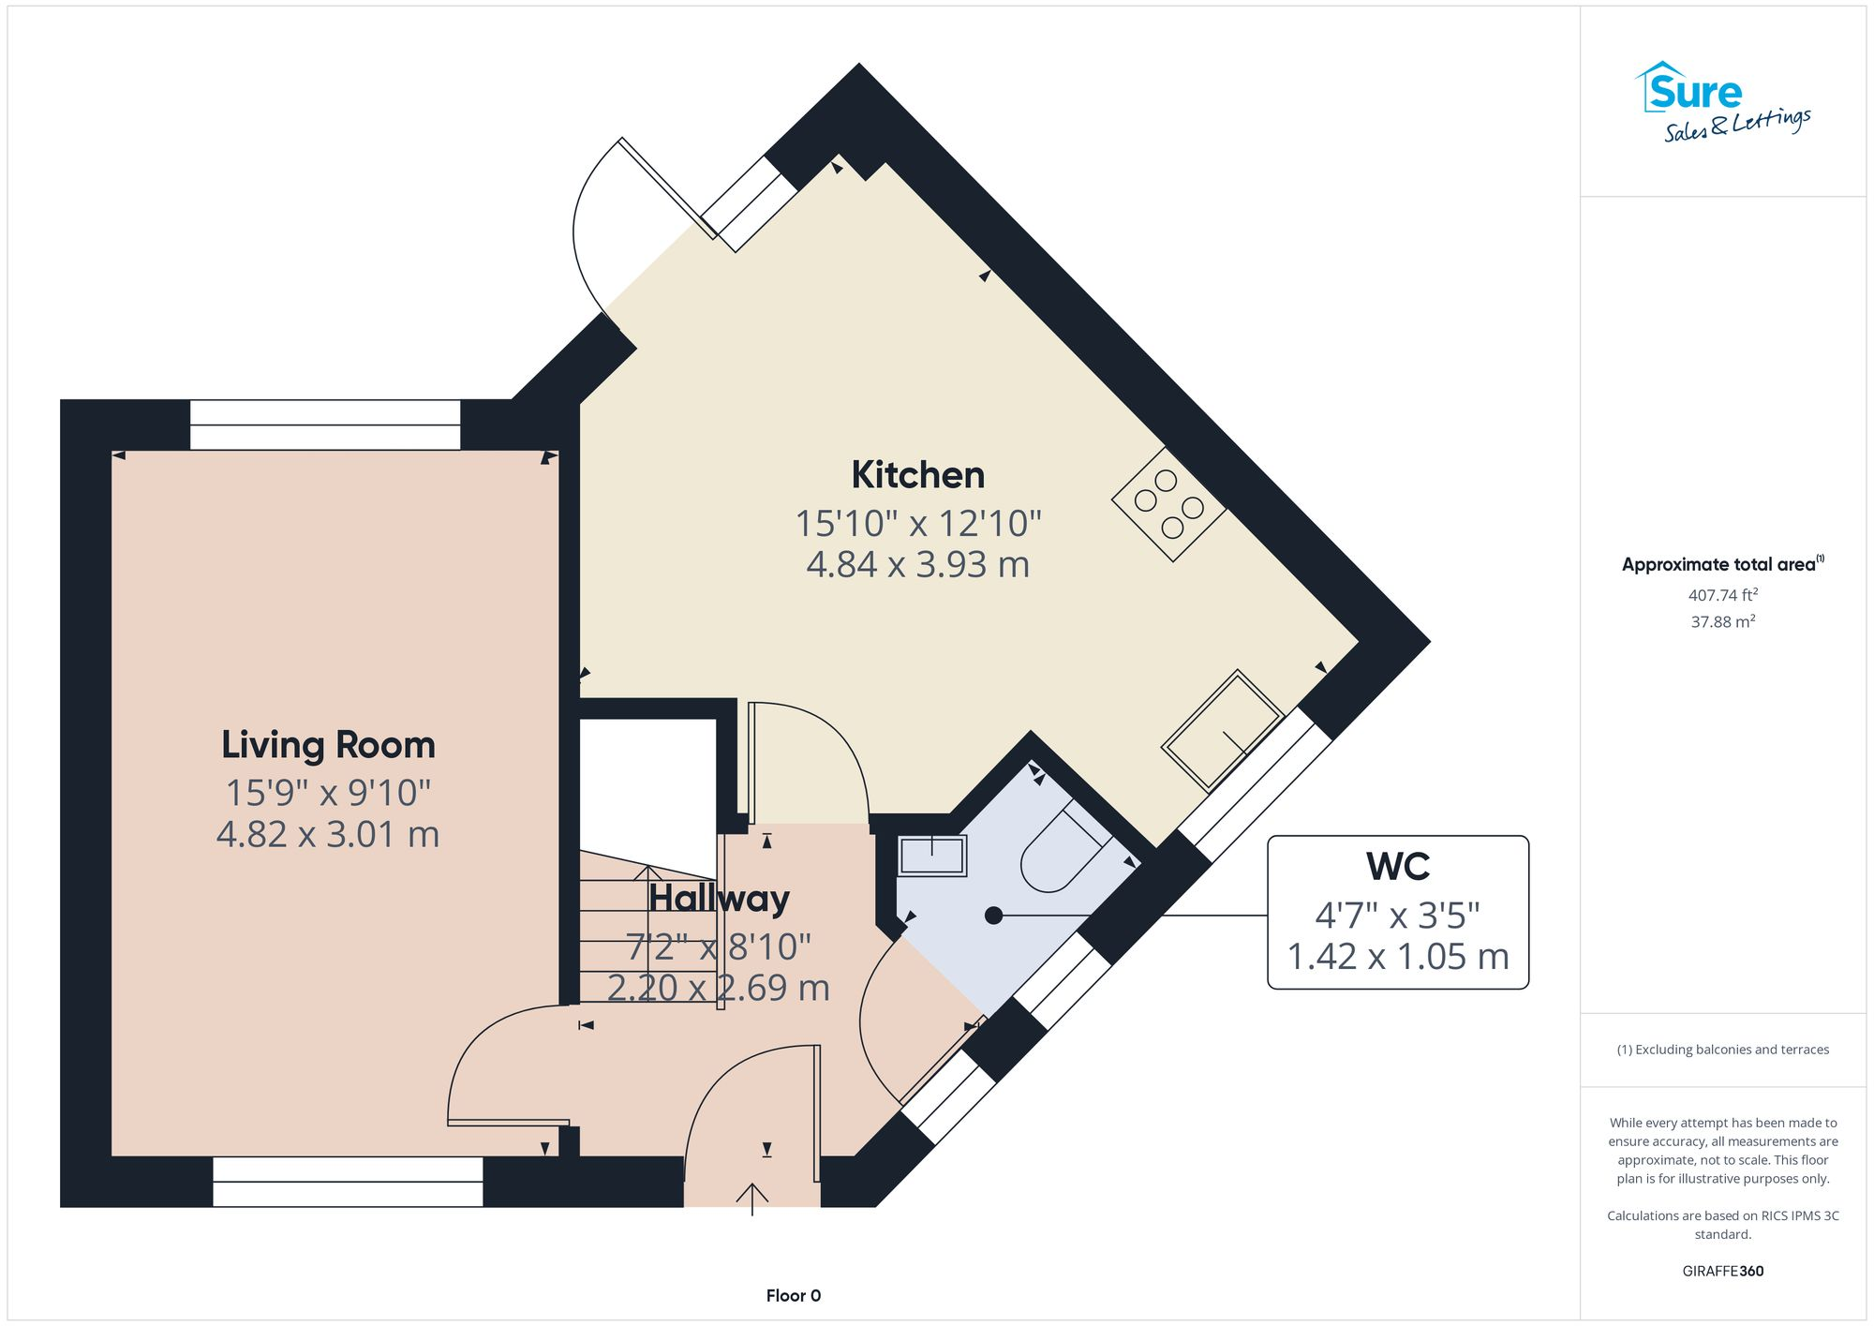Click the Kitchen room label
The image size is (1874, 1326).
[x=917, y=475]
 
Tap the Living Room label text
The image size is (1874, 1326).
[x=328, y=745]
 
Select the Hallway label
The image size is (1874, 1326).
[x=719, y=899]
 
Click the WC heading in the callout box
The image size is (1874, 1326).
[x=1397, y=867]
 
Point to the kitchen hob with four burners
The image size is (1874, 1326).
[x=1168, y=504]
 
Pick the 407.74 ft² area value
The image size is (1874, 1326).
[x=1722, y=595]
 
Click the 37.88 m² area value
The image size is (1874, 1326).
[x=1722, y=621]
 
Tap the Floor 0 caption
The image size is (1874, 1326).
[x=793, y=1295]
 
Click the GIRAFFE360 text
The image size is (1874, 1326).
[x=1722, y=1271]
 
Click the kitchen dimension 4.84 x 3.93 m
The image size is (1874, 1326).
[x=917, y=565]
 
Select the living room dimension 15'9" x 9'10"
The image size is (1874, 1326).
[x=328, y=793]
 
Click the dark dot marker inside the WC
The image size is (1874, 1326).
[x=993, y=916]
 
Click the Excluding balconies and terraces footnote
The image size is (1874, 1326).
[x=1722, y=1050]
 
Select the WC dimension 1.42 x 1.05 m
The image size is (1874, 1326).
[x=1397, y=957]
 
